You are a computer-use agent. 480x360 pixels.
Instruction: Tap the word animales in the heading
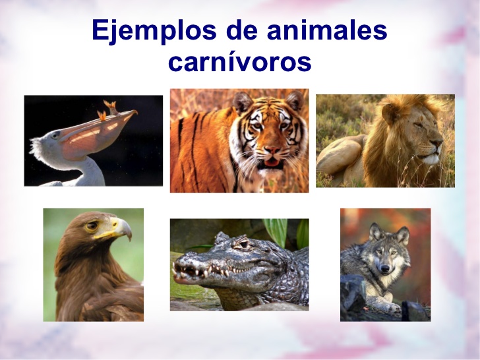point(327,30)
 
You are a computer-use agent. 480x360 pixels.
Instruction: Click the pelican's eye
point(55,135)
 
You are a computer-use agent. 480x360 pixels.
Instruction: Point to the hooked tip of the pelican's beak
point(135,112)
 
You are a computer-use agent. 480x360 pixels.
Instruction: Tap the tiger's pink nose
point(272,150)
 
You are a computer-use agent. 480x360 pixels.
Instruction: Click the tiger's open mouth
point(271,163)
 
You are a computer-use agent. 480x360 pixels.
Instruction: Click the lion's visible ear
point(388,113)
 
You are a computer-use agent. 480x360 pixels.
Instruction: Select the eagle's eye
point(92,226)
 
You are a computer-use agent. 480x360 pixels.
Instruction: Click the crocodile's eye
point(243,244)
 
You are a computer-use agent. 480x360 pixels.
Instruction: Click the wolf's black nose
point(385,268)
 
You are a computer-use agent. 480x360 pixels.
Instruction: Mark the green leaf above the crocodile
point(276,231)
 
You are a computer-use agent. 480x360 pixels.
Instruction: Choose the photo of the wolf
point(386,265)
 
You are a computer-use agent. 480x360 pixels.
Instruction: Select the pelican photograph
point(94,140)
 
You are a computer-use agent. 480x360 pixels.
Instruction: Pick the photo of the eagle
point(94,265)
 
